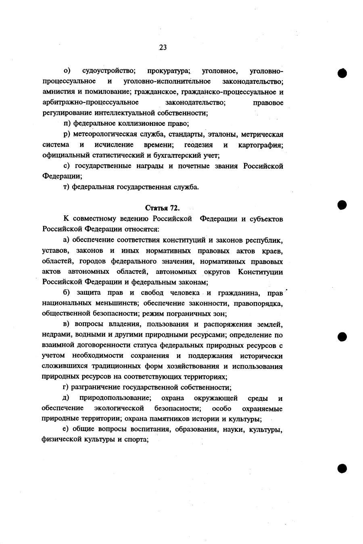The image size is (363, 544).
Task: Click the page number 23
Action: (163, 48)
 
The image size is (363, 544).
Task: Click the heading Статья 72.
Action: (162, 208)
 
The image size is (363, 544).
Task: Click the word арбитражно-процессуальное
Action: (90, 103)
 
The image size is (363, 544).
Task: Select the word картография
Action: (261, 145)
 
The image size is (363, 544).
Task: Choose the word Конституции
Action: (260, 272)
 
